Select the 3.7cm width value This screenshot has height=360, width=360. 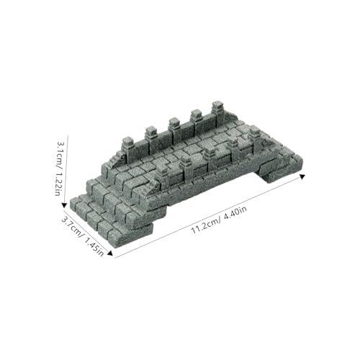(x=72, y=228)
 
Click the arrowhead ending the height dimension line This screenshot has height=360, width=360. (x=64, y=205)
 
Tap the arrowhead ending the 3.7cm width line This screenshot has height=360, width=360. (x=110, y=253)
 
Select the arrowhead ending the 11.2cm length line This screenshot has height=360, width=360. (x=302, y=176)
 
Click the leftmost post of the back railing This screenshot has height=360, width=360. (x=128, y=146)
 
